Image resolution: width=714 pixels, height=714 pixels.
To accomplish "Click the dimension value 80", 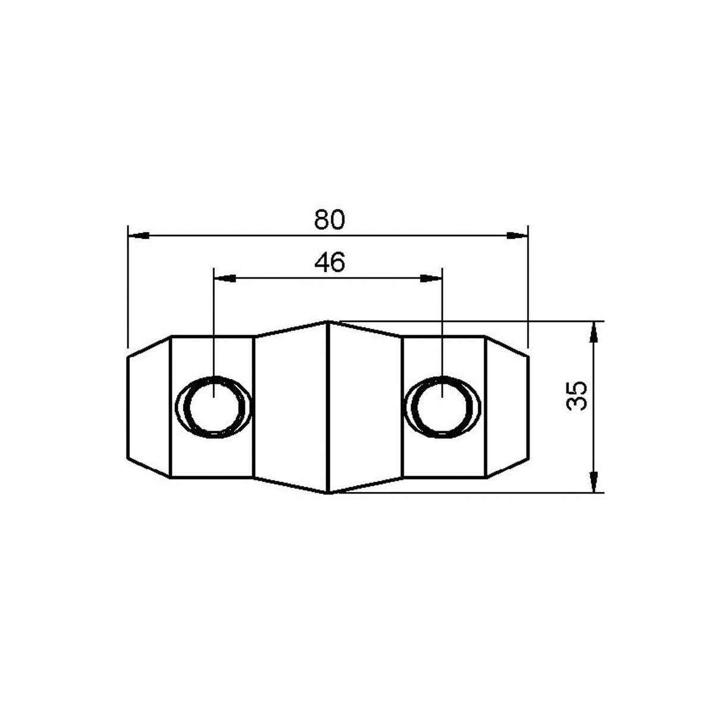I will tap(329, 220).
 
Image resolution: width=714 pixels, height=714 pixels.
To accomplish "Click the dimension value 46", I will tap(329, 262).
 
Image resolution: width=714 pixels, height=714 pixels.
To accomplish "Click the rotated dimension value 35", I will tap(577, 395).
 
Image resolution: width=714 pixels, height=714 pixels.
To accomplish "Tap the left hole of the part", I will tap(213, 407).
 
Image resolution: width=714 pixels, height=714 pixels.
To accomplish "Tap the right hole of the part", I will tap(442, 407).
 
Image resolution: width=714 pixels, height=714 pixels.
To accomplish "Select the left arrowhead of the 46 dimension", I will tap(224, 278).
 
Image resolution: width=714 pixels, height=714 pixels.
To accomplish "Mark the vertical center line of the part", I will tap(328, 407).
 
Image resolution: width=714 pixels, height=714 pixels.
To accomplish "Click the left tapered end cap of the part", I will tap(149, 407).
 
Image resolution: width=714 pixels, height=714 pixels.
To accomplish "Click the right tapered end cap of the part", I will tap(507, 407).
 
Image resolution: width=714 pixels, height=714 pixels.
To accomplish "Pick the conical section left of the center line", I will tap(291, 407).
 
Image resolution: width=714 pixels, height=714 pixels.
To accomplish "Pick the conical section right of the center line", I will tap(365, 407).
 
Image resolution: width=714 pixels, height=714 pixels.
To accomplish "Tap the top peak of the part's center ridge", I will tap(328, 322).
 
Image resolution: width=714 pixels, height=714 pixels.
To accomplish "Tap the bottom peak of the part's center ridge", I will tap(328, 493).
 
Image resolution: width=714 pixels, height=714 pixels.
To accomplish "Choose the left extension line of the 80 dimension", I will tap(128, 286).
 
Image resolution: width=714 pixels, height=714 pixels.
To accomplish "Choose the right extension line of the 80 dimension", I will tap(528, 286).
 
